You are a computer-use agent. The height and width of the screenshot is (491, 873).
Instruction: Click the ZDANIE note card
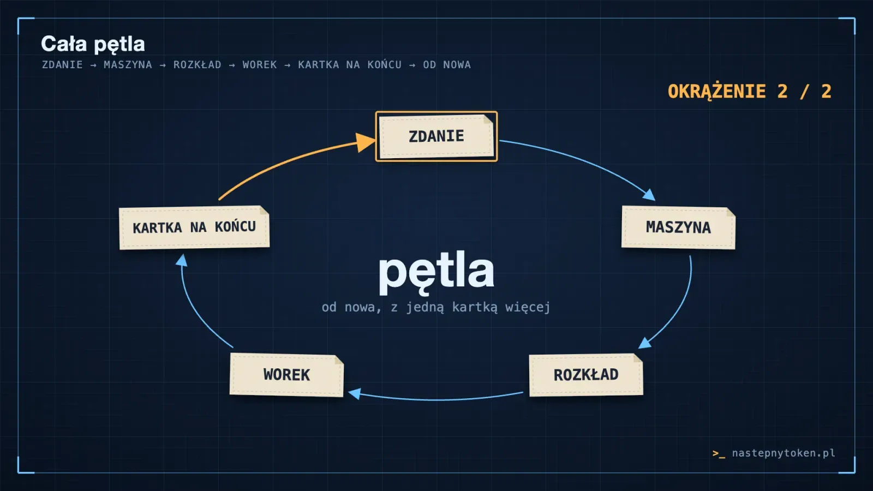(x=436, y=136)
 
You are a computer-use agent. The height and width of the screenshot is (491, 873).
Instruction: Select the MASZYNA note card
(x=678, y=227)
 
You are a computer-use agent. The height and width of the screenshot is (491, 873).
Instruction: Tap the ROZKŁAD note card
(x=586, y=375)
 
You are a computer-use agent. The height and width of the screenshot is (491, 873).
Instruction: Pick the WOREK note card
(x=286, y=375)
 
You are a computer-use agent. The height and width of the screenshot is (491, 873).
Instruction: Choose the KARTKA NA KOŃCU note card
(x=194, y=227)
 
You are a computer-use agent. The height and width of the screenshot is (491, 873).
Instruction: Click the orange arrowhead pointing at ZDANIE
(x=365, y=142)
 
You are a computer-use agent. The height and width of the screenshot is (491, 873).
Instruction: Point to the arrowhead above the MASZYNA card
(x=649, y=194)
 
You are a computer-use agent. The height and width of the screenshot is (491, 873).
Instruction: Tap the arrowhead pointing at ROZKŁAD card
(x=644, y=343)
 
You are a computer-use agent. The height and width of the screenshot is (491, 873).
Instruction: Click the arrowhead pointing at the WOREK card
(x=354, y=393)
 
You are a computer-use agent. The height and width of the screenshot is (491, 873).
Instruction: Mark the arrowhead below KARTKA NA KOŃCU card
(x=182, y=260)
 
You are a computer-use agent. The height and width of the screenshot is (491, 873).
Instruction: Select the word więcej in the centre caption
(x=528, y=308)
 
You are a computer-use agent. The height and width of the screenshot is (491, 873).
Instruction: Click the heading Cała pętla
(x=93, y=44)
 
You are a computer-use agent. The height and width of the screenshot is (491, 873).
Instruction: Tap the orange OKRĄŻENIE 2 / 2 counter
(x=750, y=92)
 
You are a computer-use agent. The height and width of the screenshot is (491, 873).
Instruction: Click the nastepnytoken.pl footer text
(x=784, y=453)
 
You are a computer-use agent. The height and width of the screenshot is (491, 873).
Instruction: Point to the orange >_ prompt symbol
(x=719, y=453)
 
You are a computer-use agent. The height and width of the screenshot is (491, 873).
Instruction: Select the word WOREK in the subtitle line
(x=260, y=65)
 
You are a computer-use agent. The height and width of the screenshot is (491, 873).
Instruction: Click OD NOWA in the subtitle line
(x=447, y=65)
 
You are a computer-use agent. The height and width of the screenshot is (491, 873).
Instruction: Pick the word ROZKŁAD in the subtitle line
(x=197, y=65)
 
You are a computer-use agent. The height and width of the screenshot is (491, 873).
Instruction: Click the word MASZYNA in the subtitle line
(x=128, y=65)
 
